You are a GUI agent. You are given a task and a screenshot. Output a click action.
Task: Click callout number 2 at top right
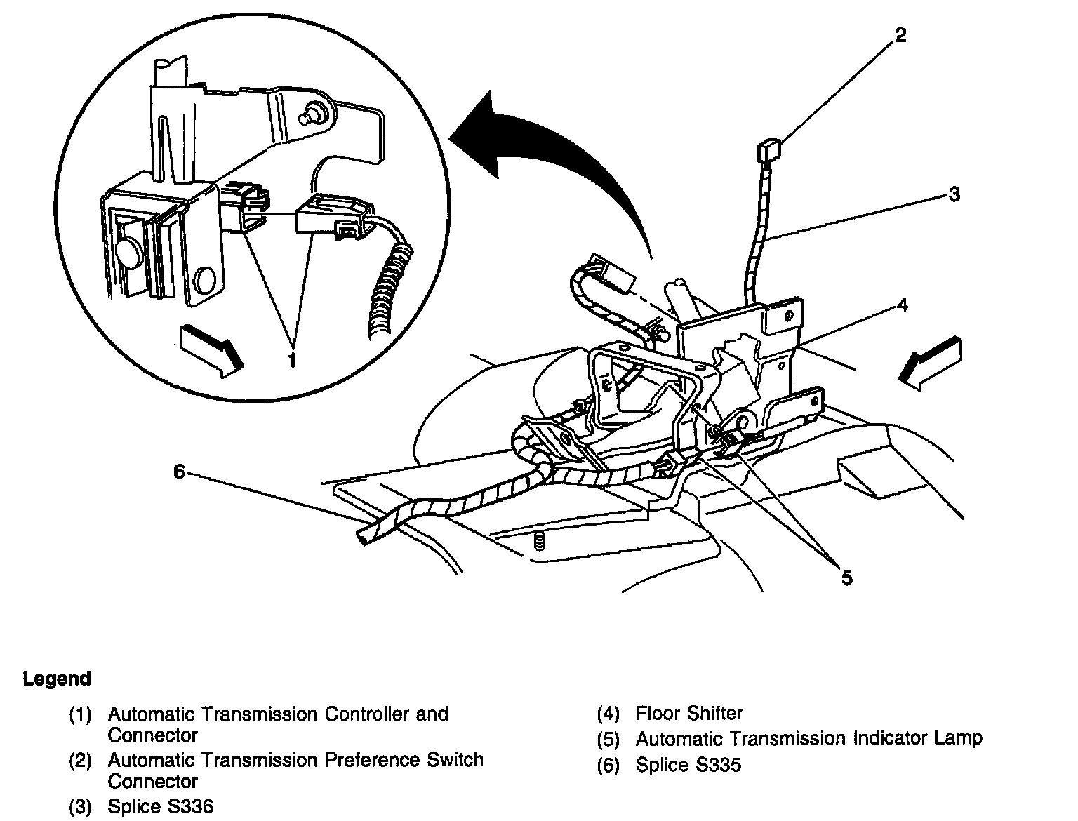(900, 34)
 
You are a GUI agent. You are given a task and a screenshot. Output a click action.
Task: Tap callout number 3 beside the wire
(954, 194)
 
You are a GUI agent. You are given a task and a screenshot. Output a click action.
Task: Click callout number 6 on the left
(179, 472)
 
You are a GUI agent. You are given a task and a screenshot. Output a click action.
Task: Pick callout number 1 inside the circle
(291, 361)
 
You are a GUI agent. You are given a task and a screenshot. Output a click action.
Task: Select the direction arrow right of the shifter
(930, 361)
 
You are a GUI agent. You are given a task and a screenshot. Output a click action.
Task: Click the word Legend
(57, 679)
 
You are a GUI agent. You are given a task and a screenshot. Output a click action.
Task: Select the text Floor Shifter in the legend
(689, 714)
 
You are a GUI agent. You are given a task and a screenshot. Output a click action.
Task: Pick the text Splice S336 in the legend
(160, 806)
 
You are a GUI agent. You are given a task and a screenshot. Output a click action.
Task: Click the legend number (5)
(608, 739)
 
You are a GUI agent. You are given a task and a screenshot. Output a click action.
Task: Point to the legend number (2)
(80, 761)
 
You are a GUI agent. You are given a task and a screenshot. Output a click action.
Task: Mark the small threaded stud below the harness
(539, 542)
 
